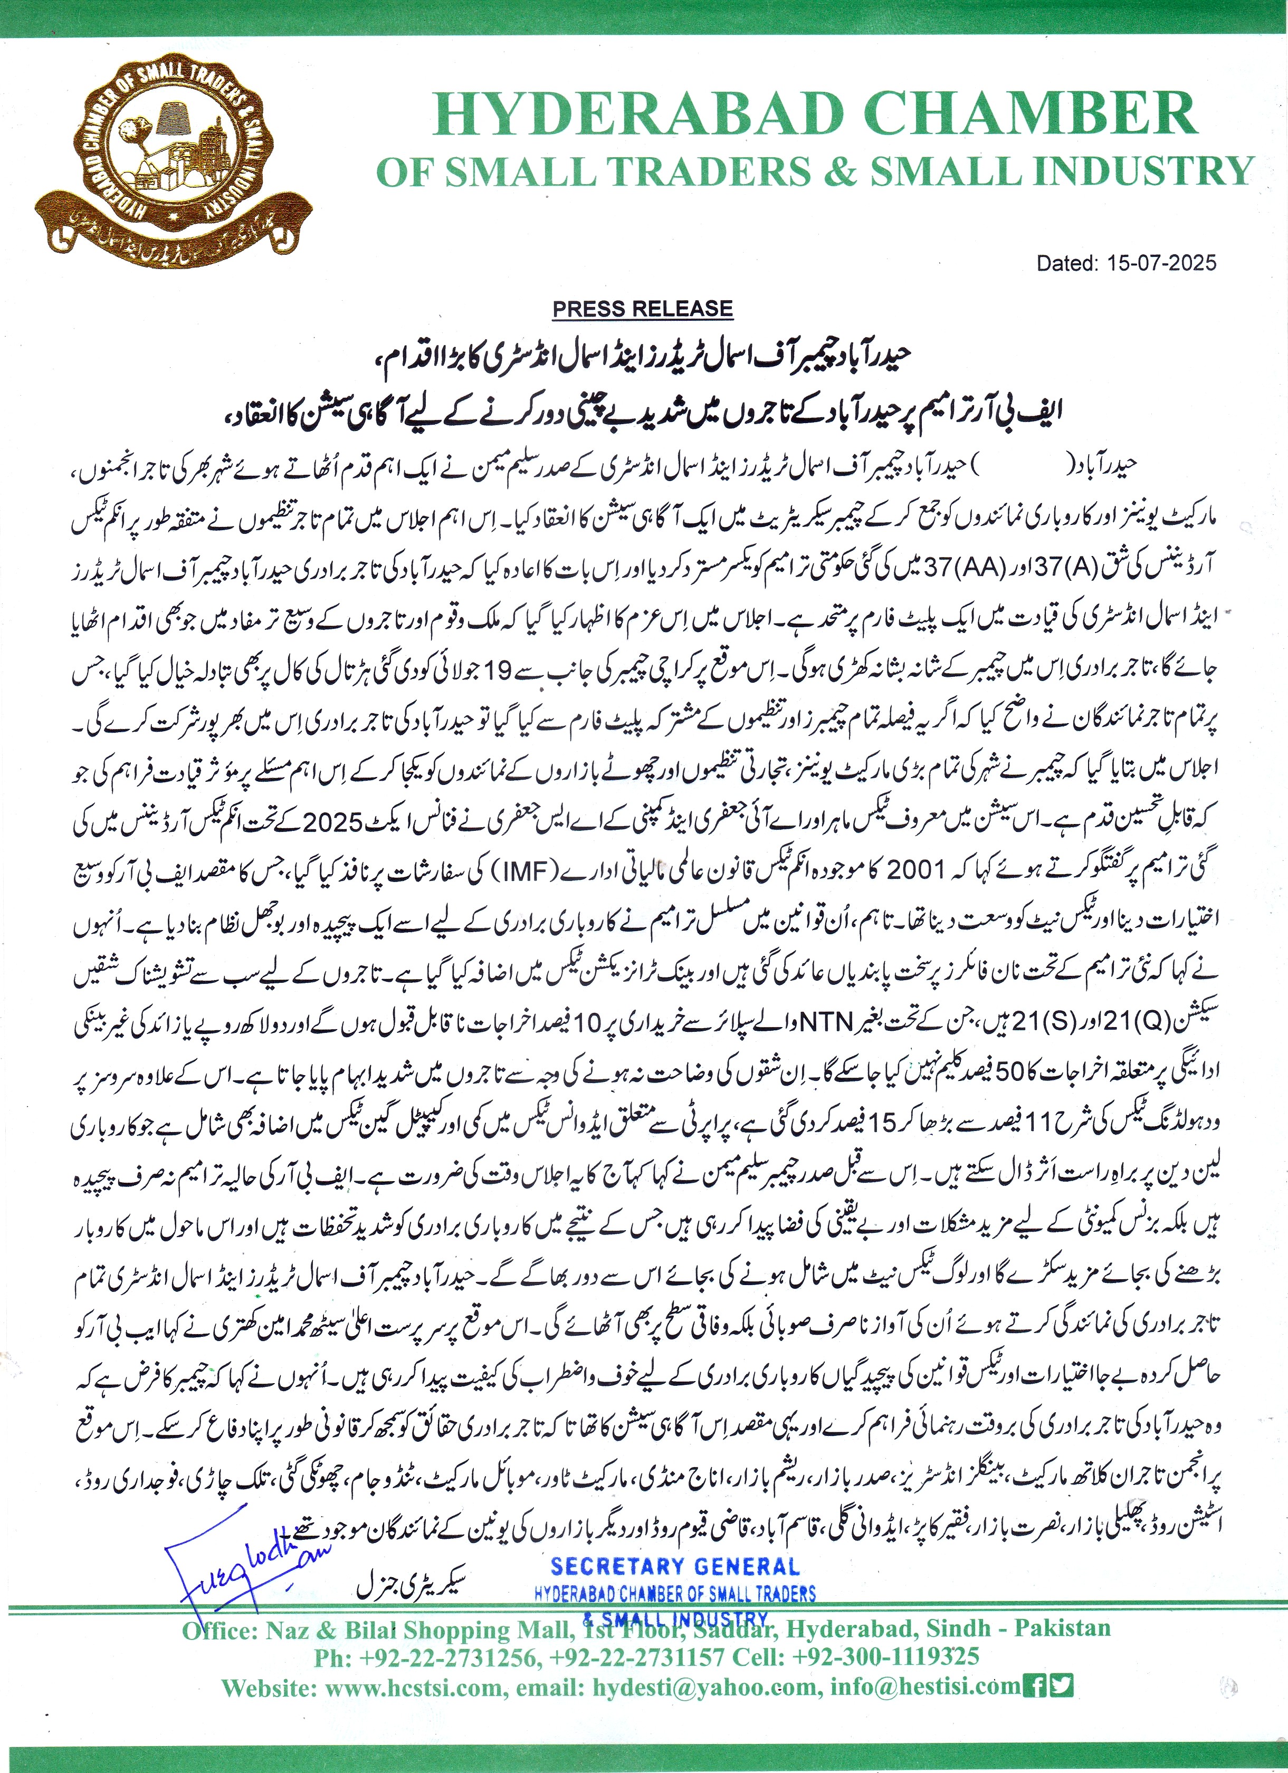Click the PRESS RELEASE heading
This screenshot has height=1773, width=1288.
(643, 309)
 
